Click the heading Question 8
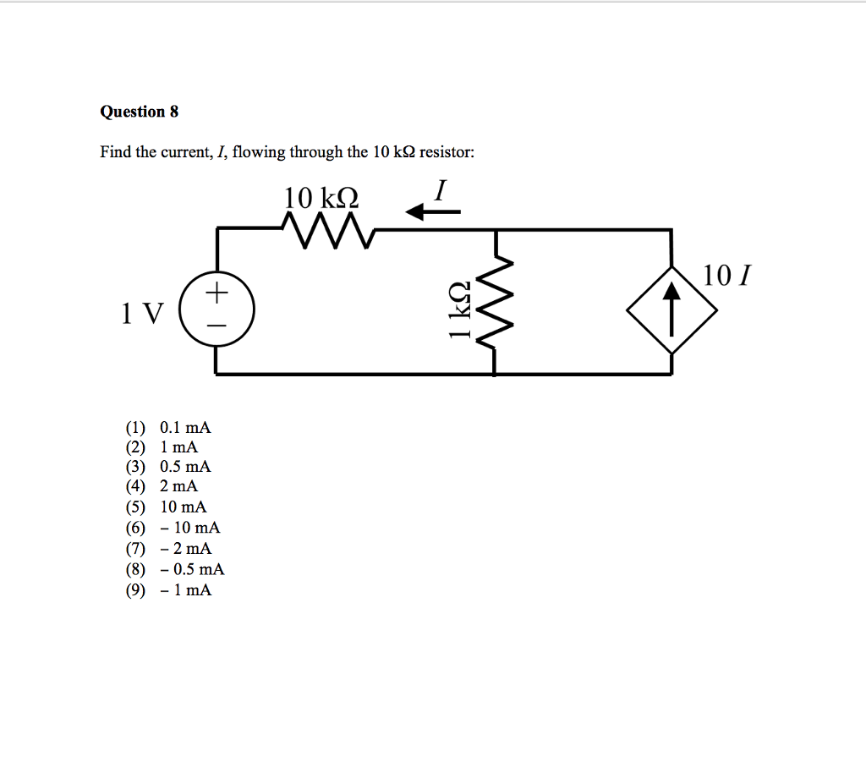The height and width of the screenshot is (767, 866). click(140, 112)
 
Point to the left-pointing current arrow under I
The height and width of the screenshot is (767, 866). click(433, 213)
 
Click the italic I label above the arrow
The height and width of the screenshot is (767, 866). click(438, 190)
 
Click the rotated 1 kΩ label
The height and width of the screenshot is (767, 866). click(459, 310)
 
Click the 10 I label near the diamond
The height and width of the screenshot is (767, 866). click(726, 276)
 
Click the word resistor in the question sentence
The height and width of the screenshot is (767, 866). click(447, 153)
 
